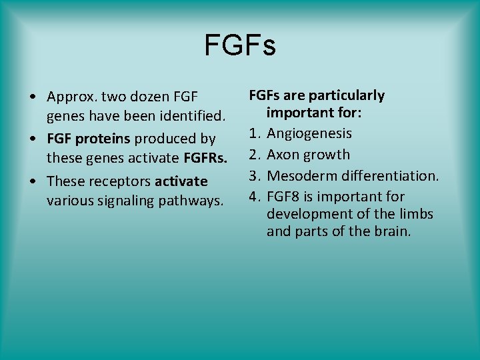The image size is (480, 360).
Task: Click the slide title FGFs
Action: click(239, 46)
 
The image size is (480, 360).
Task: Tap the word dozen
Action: click(148, 99)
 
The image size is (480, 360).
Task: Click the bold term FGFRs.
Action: click(205, 160)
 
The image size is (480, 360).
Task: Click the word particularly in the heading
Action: click(347, 95)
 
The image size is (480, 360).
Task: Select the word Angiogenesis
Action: click(309, 133)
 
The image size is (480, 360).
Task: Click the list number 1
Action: click(253, 133)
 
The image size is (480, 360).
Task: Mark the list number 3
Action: click(253, 176)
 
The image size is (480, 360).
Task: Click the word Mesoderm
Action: click(299, 176)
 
